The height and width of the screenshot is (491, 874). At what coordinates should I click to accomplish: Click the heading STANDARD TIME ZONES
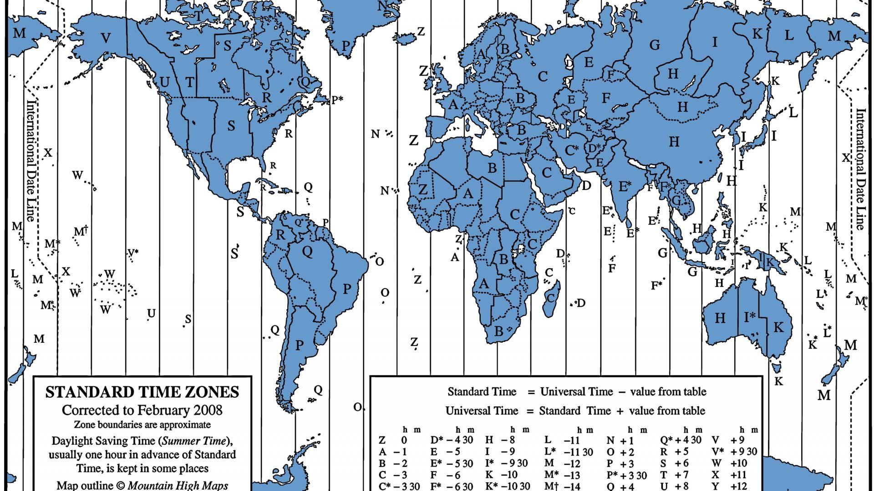[x=142, y=392]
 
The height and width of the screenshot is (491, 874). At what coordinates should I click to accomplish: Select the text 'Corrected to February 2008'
[x=142, y=410]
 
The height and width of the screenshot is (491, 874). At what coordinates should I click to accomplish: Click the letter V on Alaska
[x=106, y=38]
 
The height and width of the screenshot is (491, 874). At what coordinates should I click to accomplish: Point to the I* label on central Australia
[x=749, y=317]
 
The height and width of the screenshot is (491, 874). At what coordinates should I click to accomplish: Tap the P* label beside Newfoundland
[x=337, y=100]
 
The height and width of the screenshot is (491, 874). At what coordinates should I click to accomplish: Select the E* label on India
[x=625, y=186]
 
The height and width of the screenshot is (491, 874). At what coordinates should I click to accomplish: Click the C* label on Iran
[x=571, y=150]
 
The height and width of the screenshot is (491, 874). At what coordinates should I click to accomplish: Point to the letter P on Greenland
[x=346, y=45]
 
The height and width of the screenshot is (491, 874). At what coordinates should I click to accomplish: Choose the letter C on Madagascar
[x=551, y=298]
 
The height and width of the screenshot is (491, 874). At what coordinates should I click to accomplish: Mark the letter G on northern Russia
[x=654, y=45]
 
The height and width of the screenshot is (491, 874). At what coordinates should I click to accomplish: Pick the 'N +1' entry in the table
[x=620, y=440]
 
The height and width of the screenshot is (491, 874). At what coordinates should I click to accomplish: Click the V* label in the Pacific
[x=132, y=253]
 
